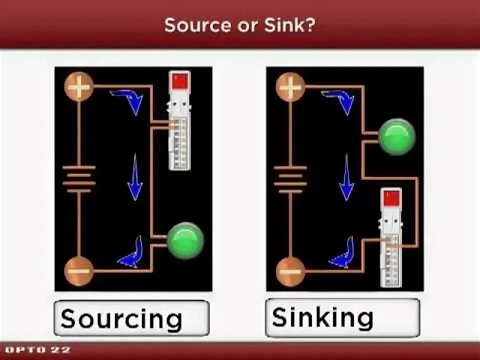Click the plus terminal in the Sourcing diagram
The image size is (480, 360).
78,87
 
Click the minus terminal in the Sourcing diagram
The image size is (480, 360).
78,271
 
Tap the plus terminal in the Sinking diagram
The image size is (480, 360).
290,87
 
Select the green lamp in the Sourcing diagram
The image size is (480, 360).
185,240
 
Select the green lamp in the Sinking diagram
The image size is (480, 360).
396,136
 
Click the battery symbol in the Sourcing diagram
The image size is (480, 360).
79,179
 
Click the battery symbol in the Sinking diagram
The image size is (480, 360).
290,179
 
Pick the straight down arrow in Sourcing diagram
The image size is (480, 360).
134,178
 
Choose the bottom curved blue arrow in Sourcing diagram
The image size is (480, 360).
131,253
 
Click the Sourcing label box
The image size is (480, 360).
131,317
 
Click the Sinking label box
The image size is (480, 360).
342,317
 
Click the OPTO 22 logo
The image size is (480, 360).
37,350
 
